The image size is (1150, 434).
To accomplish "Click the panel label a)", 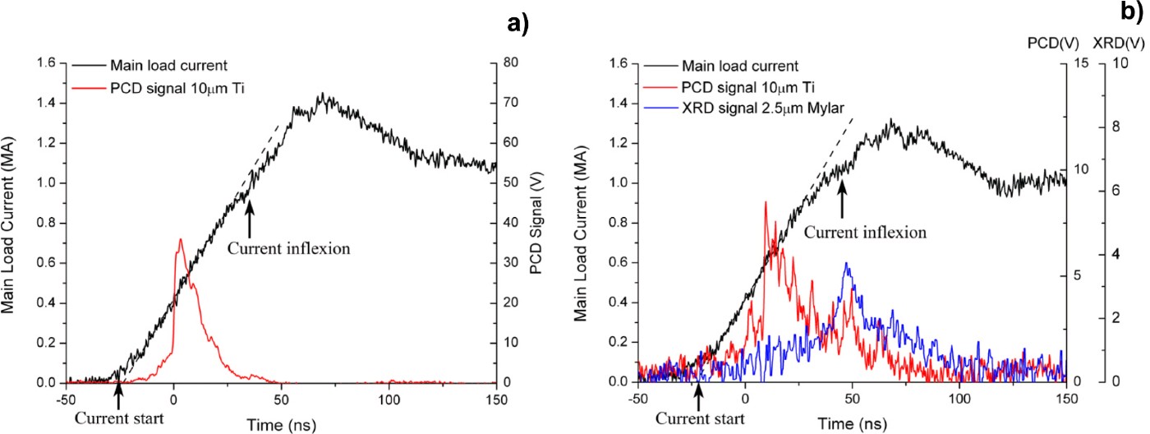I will tap(517, 24).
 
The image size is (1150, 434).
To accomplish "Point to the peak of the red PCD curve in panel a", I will tap(179, 240).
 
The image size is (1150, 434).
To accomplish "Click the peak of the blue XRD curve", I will tap(845, 264).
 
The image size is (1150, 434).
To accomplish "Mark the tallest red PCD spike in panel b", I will tap(766, 202).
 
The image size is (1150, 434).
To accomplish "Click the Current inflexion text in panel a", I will tap(278, 246).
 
